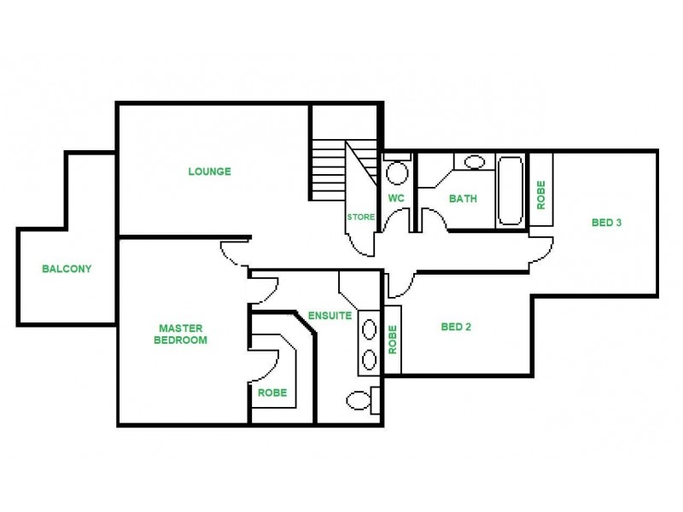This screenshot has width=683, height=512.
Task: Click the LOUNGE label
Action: [x=209, y=172]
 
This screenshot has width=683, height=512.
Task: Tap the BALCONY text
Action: [x=67, y=269]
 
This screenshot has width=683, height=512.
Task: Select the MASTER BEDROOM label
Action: [x=181, y=334]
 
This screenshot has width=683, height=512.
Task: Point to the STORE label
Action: [x=360, y=217]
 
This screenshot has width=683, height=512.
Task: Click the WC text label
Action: [x=395, y=199]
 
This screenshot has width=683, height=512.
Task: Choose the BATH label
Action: [x=463, y=200]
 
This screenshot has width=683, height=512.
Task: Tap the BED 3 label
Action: [x=606, y=224]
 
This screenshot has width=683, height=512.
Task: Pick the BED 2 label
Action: [x=456, y=327]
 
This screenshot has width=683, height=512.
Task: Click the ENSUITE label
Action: [x=330, y=315]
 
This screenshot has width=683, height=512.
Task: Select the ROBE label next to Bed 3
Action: [x=540, y=195]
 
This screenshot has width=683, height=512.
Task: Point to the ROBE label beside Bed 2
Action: [x=393, y=339]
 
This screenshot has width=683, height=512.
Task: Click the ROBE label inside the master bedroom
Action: [x=272, y=393]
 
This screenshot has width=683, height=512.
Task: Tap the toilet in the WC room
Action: [x=396, y=173]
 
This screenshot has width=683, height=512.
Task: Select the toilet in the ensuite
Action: [x=359, y=399]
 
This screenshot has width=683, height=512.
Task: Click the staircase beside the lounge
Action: [x=329, y=171]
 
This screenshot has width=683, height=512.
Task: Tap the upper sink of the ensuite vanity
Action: [x=370, y=327]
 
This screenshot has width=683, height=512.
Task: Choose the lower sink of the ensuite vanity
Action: [x=370, y=358]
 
